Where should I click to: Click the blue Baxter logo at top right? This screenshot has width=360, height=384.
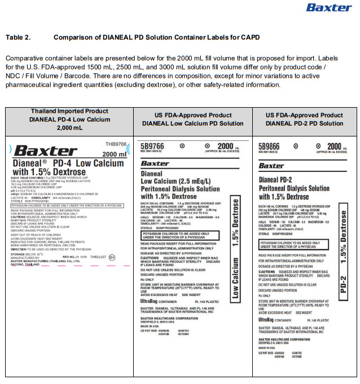tap(328, 7)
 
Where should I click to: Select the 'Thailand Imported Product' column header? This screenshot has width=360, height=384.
tap(69, 111)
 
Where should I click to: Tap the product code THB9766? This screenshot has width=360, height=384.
tap(116, 144)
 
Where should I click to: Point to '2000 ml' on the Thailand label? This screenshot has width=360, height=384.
tap(114, 154)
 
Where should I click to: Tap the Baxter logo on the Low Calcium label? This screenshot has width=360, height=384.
tap(155, 163)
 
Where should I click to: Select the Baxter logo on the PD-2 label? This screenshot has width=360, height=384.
tap(271, 166)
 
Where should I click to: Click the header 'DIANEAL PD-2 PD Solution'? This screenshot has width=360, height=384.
tap(305, 123)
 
